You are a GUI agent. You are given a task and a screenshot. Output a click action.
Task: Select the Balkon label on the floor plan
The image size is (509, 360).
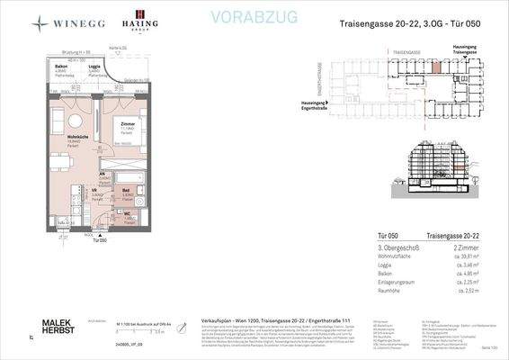(x=60, y=67)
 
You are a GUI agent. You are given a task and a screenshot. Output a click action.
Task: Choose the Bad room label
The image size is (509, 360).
(x=127, y=191)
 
